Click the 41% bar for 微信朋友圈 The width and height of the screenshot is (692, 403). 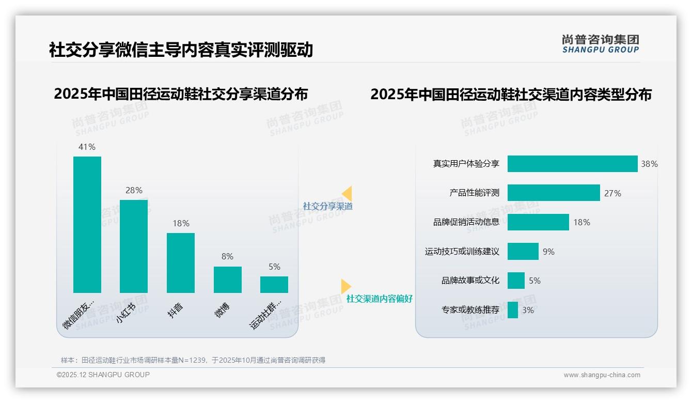click(x=87, y=225)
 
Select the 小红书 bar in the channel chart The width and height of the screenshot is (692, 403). click(x=134, y=246)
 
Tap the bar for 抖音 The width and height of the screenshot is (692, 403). click(x=181, y=263)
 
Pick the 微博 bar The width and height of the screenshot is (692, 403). click(x=228, y=280)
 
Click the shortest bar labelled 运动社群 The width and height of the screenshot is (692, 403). click(x=274, y=285)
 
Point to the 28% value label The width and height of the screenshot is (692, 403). click(x=134, y=190)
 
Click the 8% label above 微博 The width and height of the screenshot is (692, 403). click(x=228, y=256)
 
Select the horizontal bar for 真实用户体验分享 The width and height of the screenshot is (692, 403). click(x=572, y=164)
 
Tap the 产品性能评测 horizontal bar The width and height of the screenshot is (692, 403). click(x=554, y=193)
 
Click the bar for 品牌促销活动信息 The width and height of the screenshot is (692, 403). click(x=538, y=222)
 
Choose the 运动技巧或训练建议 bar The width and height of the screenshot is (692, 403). click(x=523, y=252)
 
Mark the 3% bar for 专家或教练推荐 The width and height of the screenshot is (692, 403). click(x=513, y=310)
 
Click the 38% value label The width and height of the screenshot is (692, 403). click(x=649, y=164)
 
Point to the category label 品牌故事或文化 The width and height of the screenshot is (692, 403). click(x=470, y=281)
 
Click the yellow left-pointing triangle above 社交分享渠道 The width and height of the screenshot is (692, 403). click(x=347, y=193)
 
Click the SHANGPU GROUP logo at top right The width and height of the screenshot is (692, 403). click(x=601, y=44)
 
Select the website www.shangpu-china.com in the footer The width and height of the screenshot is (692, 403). click(x=602, y=375)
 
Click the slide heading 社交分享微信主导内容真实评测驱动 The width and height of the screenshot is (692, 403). click(x=181, y=50)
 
